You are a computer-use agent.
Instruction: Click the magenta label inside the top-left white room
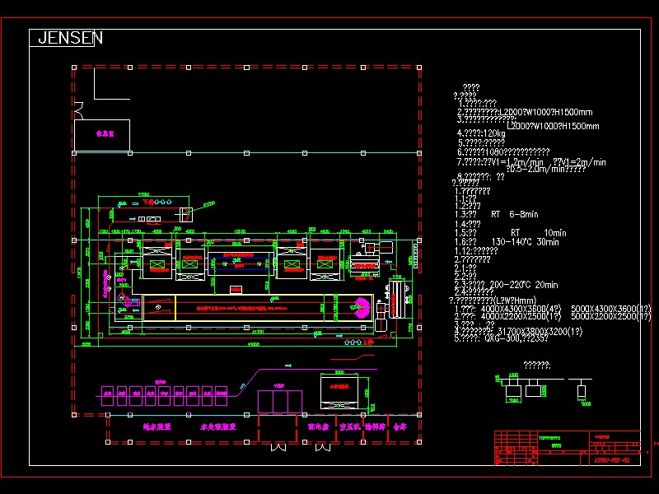[x=105, y=132]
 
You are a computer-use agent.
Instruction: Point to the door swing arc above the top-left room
[x=78, y=108]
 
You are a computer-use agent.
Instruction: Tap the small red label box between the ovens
[x=236, y=289]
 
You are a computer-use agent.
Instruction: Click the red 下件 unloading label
[x=147, y=201]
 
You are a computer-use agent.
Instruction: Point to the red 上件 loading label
[x=369, y=341]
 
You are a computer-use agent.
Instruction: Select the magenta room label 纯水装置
[x=157, y=427]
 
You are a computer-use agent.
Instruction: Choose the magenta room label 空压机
[x=341, y=427]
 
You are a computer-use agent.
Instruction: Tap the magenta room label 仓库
[x=400, y=427]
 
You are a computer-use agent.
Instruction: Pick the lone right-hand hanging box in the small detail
[x=582, y=389]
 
